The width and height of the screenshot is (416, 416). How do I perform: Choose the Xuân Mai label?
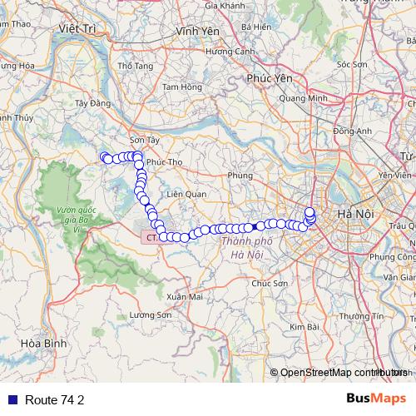(x=185, y=296)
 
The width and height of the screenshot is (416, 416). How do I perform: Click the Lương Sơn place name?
(x=151, y=315)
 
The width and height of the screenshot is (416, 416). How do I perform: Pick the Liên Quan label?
(x=186, y=194)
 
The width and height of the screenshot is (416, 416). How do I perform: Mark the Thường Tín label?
(x=367, y=316)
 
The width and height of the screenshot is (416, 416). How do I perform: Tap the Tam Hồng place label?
(x=182, y=87)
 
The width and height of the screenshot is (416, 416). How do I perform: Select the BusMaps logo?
(x=376, y=399)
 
